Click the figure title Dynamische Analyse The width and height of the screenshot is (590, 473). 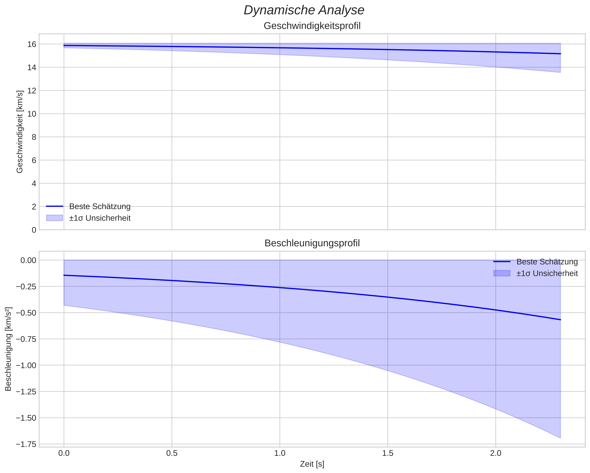pyautogui.click(x=304, y=10)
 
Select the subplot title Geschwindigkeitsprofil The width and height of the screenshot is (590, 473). pyautogui.click(x=312, y=26)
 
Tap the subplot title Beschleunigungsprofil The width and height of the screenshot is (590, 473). pyautogui.click(x=312, y=243)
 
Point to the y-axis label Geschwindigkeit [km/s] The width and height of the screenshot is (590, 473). pyautogui.click(x=20, y=132)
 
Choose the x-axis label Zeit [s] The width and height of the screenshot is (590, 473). pyautogui.click(x=312, y=464)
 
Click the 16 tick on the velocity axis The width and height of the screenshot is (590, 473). pyautogui.click(x=32, y=44)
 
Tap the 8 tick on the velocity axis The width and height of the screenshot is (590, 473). pyautogui.click(x=34, y=137)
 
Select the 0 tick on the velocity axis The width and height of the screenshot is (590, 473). pyautogui.click(x=34, y=230)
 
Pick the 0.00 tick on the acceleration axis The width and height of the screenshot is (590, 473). pyautogui.click(x=28, y=260)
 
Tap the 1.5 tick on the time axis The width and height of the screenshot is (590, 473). pyautogui.click(x=388, y=453)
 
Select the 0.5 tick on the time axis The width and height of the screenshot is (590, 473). pyautogui.click(x=172, y=453)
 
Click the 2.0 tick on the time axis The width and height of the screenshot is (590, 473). pyautogui.click(x=496, y=453)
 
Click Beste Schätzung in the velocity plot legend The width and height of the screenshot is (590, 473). pyautogui.click(x=100, y=206)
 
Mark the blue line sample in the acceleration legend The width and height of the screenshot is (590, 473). pyautogui.click(x=502, y=262)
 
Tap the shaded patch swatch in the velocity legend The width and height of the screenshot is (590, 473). pyautogui.click(x=54, y=218)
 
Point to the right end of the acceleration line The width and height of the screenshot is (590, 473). pyautogui.click(x=560, y=320)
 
